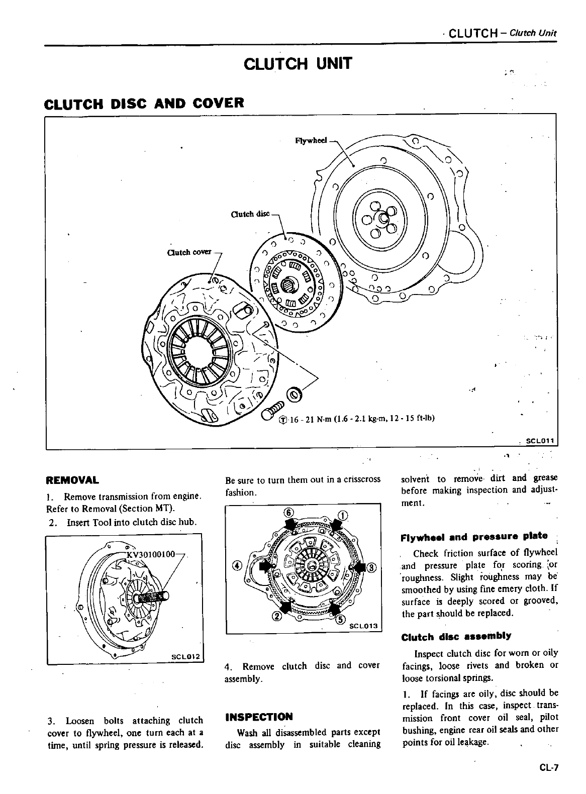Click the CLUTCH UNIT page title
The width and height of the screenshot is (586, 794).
[x=298, y=64]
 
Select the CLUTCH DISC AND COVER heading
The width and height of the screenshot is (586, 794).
[x=144, y=104]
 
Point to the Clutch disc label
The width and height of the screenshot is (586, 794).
[x=250, y=214]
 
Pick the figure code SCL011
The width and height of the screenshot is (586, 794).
[x=539, y=441]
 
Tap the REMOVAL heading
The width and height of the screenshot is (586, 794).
[x=72, y=479]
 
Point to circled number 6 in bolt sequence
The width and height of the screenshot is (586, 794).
[x=288, y=513]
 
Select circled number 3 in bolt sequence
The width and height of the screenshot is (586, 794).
[x=371, y=568]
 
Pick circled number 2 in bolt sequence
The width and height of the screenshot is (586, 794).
[x=275, y=617]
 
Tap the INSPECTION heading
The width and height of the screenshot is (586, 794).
[x=259, y=717]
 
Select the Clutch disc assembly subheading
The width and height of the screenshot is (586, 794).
[x=456, y=636]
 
